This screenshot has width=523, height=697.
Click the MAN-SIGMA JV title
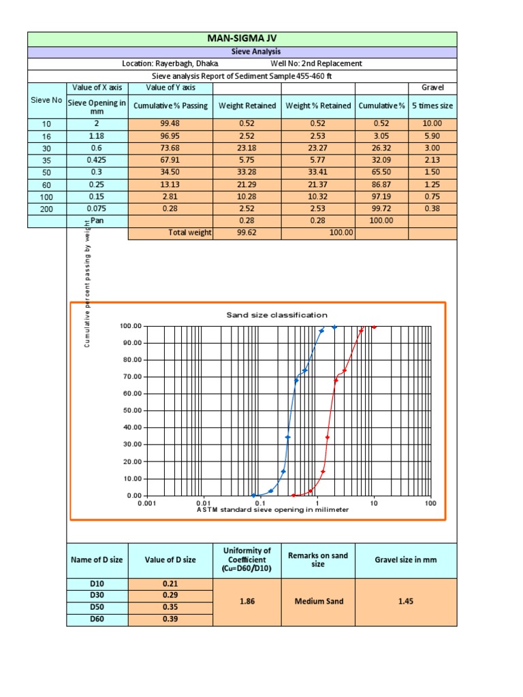242,39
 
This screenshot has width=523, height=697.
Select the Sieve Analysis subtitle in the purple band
242,52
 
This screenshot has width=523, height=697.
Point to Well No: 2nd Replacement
317,63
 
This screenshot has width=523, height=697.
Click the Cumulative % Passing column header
170,106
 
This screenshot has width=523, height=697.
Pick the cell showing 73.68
170,148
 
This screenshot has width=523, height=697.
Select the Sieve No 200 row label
46,210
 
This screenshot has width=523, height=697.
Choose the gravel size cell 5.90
432,135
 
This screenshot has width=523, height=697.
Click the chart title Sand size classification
276,315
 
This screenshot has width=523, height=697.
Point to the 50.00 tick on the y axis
132,410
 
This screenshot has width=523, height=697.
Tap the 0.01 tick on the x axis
204,503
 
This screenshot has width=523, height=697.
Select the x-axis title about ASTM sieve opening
272,510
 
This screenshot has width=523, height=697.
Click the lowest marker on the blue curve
253,496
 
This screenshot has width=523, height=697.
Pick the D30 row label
97,595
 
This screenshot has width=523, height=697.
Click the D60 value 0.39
170,619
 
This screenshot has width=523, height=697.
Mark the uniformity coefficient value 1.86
247,601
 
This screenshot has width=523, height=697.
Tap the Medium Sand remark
318,601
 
